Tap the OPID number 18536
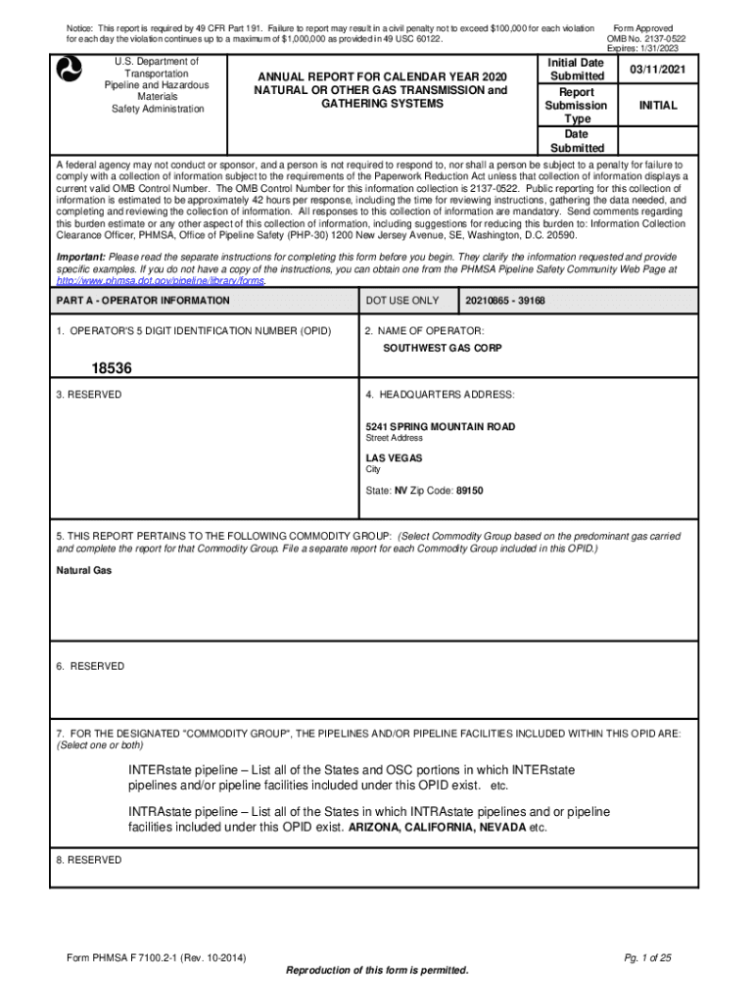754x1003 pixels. [x=112, y=368]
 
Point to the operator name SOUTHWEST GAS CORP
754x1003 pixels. [x=438, y=348]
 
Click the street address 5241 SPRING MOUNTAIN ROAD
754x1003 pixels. [x=440, y=427]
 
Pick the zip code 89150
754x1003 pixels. [x=469, y=490]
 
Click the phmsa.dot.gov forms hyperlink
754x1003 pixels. [x=161, y=280]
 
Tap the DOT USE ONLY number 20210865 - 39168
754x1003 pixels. [x=505, y=301]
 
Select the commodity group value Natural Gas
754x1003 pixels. [x=83, y=569]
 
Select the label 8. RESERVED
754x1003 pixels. [x=89, y=860]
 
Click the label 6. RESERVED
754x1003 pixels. [x=91, y=666]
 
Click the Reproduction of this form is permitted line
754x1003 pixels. [x=377, y=971]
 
